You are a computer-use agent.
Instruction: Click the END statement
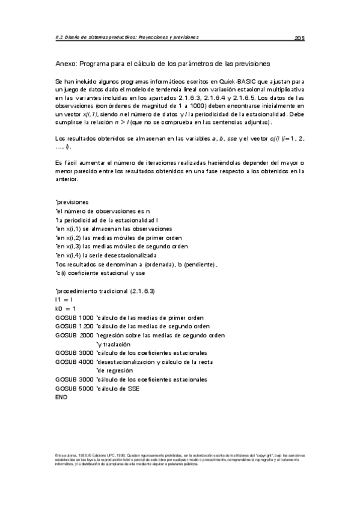tap(61, 398)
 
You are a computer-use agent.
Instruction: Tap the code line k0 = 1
tap(66, 309)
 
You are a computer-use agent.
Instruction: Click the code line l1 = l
tap(64, 300)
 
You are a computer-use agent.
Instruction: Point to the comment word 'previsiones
tap(72, 203)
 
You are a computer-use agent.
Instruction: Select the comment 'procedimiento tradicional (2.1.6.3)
tap(105, 290)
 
